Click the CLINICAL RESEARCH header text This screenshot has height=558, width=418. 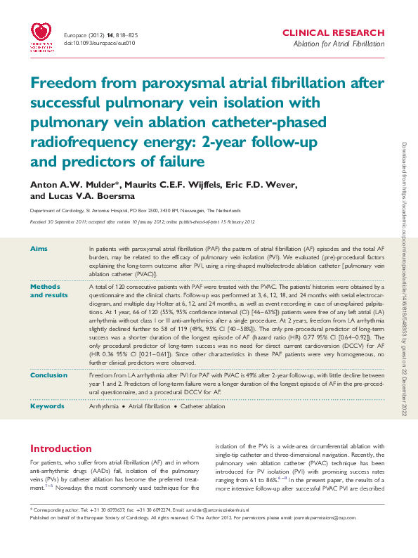[x=333, y=33]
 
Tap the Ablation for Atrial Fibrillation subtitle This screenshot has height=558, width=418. [x=339, y=44]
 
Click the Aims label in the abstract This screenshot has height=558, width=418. [x=39, y=249]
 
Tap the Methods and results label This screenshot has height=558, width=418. [x=46, y=291]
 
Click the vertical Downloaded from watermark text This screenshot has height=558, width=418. [x=405, y=281]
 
